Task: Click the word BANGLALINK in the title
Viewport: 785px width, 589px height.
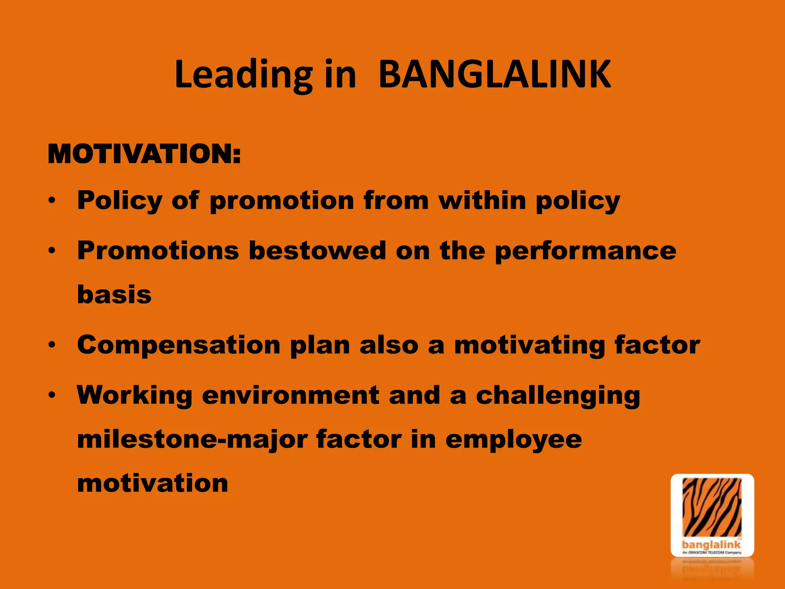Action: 494,75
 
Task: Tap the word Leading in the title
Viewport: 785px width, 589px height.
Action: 243,76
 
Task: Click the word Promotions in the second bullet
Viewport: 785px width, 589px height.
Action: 158,251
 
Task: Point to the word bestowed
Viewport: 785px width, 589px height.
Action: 317,251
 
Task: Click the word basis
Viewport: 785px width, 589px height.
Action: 114,294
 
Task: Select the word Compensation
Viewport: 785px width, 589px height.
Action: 179,345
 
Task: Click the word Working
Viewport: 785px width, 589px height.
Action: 135,395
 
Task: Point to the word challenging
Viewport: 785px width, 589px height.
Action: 558,396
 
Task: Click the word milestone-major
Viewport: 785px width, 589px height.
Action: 192,439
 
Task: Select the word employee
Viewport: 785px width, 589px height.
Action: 514,440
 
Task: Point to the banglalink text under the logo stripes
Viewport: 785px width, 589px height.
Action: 711,545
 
